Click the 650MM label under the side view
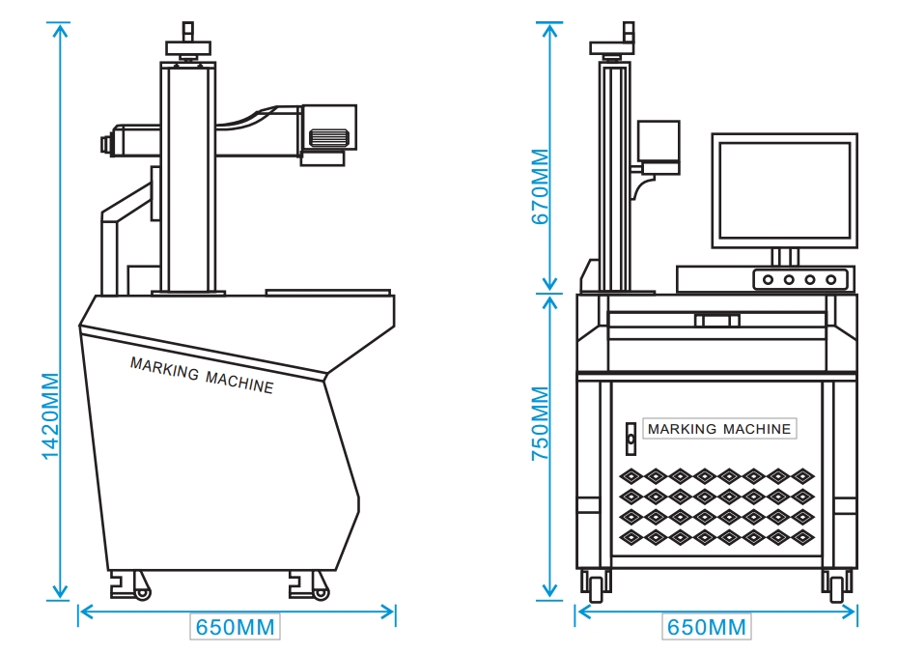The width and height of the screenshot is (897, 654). pos(236,627)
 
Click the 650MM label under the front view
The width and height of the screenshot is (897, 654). pos(707,627)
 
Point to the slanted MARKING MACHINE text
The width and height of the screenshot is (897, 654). pos(201,375)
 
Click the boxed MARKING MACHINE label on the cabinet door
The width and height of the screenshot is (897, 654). pos(719,429)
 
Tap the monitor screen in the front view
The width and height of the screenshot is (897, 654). pos(784,189)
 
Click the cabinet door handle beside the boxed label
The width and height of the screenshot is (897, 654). pos(631,439)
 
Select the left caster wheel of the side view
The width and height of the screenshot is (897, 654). pos(142,589)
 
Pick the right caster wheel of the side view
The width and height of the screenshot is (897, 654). pos(321,589)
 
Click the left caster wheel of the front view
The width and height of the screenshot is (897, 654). pos(596,583)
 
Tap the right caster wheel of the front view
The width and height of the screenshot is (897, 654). pos(836,583)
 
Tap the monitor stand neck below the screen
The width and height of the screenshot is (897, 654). pos(784,257)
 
